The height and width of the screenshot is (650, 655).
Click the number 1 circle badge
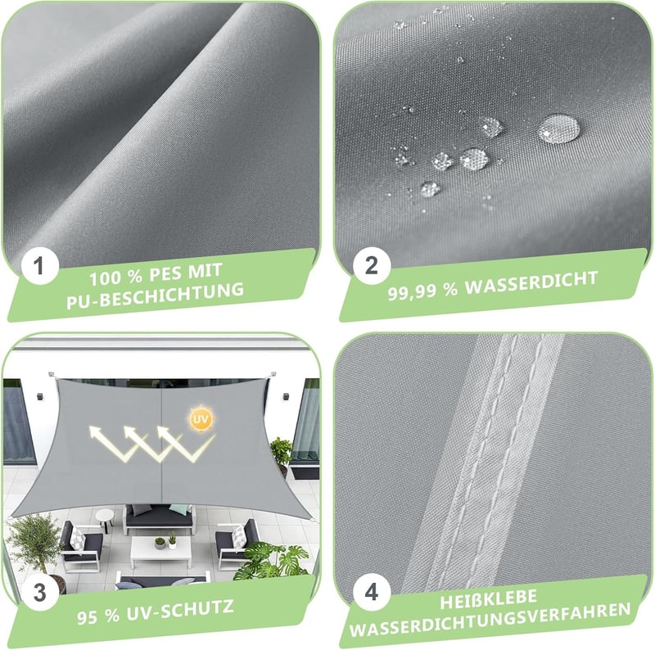tap(39, 266)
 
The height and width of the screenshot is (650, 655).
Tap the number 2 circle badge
tap(372, 266)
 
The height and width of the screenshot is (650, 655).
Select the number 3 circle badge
tap(39, 593)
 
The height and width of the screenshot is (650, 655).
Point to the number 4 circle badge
tap(372, 593)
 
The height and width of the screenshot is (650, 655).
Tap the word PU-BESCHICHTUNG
tap(156, 296)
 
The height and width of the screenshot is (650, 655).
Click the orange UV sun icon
tap(201, 419)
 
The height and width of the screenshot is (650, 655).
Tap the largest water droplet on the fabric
tap(558, 129)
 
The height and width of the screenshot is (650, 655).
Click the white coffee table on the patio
tap(160, 551)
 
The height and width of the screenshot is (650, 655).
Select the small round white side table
tap(104, 519)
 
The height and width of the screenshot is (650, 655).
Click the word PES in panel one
tap(165, 273)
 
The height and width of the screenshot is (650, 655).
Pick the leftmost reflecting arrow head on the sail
tap(97, 433)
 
